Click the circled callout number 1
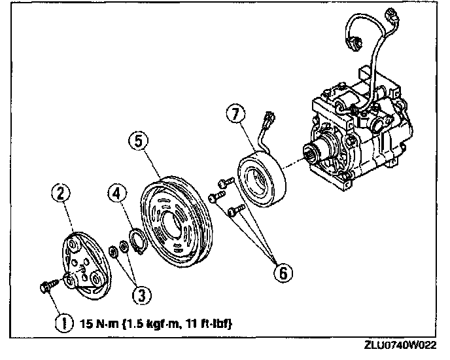tap(62, 323)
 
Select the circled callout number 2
tap(61, 192)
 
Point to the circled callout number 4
tap(118, 193)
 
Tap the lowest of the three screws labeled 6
tap(237, 210)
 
